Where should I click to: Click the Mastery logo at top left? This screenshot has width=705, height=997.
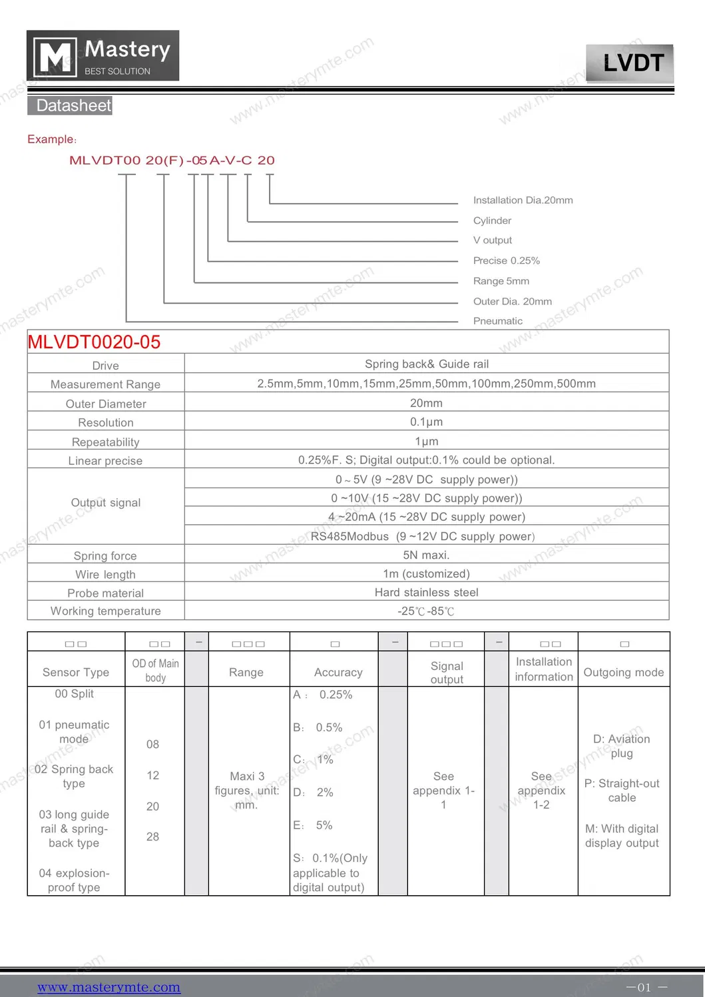[103, 56]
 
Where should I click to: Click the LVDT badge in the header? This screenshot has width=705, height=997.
[630, 63]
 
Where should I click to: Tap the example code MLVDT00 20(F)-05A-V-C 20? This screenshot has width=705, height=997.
[172, 161]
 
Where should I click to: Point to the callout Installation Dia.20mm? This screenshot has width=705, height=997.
[523, 200]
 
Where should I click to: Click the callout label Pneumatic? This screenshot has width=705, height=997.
[497, 321]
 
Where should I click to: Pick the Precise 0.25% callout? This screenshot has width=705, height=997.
[506, 261]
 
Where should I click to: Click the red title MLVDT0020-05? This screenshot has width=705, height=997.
[94, 342]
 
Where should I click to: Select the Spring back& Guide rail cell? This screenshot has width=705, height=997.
[426, 364]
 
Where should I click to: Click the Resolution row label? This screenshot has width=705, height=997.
[105, 423]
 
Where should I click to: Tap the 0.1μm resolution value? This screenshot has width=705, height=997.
[426, 422]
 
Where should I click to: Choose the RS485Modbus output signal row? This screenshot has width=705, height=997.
[423, 537]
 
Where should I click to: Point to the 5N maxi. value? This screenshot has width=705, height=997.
[426, 555]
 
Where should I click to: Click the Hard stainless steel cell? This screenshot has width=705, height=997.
[426, 593]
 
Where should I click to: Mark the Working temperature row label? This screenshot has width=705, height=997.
[105, 611]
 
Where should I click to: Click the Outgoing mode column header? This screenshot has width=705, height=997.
[623, 673]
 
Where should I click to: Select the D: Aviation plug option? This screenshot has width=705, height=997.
[622, 746]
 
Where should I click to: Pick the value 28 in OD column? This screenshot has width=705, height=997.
[152, 837]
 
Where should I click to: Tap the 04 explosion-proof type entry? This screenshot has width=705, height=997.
[74, 880]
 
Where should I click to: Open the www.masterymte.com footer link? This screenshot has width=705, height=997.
[109, 987]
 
